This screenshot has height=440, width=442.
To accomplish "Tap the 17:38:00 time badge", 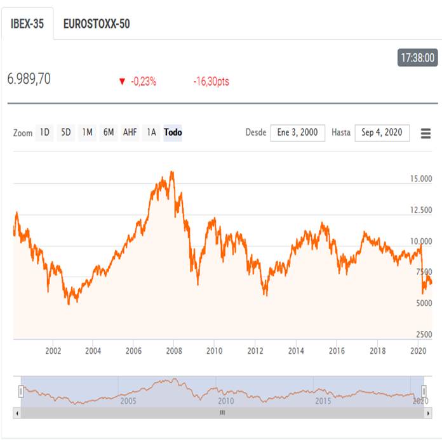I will pyautogui.click(x=417, y=58).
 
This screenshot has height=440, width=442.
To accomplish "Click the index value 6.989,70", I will pyautogui.click(x=29, y=79).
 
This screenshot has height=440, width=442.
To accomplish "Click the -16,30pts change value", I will pyautogui.click(x=211, y=82).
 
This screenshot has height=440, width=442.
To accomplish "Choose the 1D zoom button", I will pyautogui.click(x=44, y=133).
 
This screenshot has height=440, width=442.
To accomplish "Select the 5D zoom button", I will pyautogui.click(x=65, y=133).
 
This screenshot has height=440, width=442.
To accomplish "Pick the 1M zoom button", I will pyautogui.click(x=87, y=133).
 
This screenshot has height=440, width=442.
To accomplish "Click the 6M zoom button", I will pyautogui.click(x=109, y=133).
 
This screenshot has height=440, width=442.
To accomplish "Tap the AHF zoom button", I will pyautogui.click(x=130, y=133).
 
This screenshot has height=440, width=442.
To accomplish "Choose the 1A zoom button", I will pyautogui.click(x=151, y=133).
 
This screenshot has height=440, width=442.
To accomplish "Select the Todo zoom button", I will pyautogui.click(x=173, y=133).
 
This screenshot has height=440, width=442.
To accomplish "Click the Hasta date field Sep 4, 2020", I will pyautogui.click(x=382, y=133).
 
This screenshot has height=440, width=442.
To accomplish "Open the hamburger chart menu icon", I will pyautogui.click(x=425, y=133).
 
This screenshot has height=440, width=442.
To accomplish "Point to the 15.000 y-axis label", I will pyautogui.click(x=422, y=179).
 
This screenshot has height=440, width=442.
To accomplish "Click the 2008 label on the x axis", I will pyautogui.click(x=174, y=350).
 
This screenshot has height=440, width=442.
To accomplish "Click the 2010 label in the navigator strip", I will pyautogui.click(x=226, y=401).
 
